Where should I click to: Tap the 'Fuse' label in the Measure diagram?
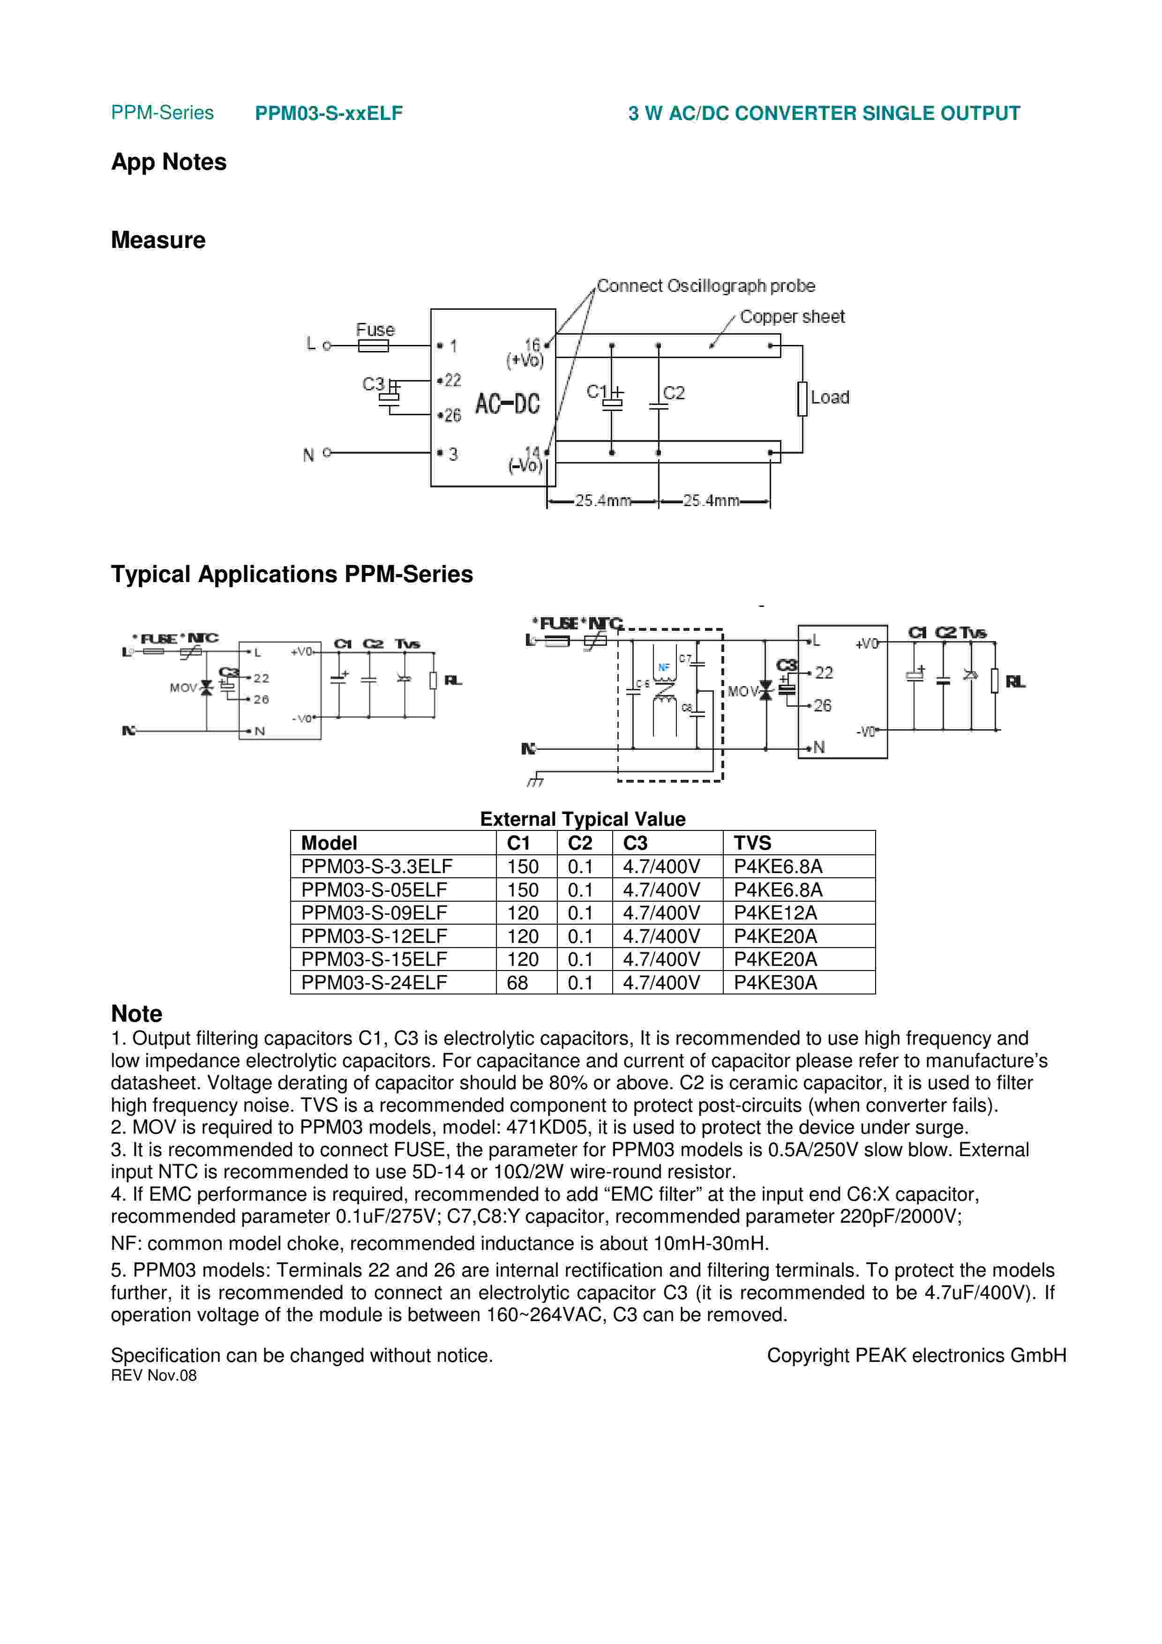pos(375,329)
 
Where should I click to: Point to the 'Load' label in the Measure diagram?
pos(830,397)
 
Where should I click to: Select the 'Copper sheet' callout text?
pos(792,316)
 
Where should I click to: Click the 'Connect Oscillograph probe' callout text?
pos(705,286)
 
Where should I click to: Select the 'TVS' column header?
pos(752,843)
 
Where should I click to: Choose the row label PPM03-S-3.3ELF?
pos(376,867)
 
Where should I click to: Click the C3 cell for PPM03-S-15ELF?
pos(661,959)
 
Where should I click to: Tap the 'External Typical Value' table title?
pos(582,819)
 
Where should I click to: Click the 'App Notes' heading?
pos(168,162)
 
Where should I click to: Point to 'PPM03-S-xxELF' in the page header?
pos(329,113)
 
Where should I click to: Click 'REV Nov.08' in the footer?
pos(153,1375)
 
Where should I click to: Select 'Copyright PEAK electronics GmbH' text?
pos(916,1355)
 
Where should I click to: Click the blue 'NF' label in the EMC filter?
pos(664,667)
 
